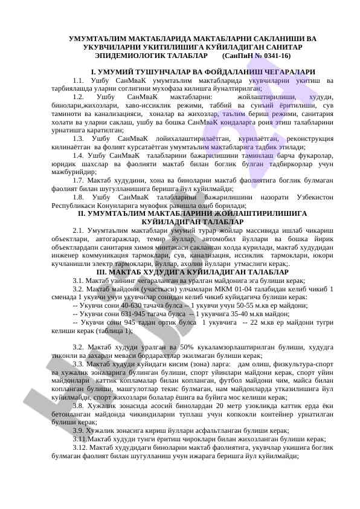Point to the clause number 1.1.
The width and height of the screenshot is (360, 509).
(x=78, y=80)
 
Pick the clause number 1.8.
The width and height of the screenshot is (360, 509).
(x=78, y=198)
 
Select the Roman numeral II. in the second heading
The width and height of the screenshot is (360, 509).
(x=83, y=214)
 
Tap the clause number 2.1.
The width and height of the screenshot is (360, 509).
(x=78, y=230)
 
